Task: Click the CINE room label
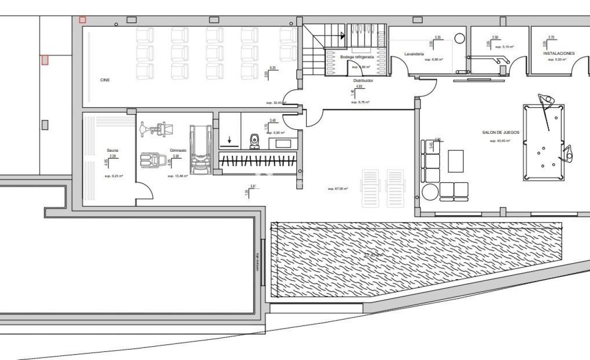pyautogui.click(x=105, y=80)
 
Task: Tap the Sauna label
pyautogui.click(x=112, y=150)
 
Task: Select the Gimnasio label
pyautogui.click(x=178, y=150)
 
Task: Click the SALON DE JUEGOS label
pyautogui.click(x=501, y=132)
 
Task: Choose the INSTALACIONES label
pyautogui.click(x=559, y=53)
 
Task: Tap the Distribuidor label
pyautogui.click(x=363, y=81)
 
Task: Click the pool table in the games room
pyautogui.click(x=543, y=142)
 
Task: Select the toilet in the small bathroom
pyautogui.click(x=254, y=141)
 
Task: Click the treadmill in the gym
pyautogui.click(x=201, y=150)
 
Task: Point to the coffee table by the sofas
pyautogui.click(x=455, y=161)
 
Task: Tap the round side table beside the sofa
pyautogui.click(x=429, y=192)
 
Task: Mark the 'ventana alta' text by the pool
pyautogui.click(x=258, y=262)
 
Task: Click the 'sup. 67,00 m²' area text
pyautogui.click(x=338, y=189)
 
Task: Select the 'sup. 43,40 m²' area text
pyautogui.click(x=500, y=140)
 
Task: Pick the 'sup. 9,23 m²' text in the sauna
pyautogui.click(x=114, y=176)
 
